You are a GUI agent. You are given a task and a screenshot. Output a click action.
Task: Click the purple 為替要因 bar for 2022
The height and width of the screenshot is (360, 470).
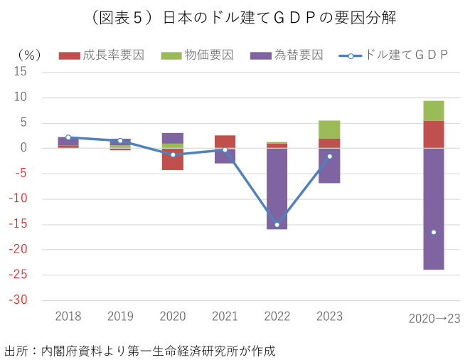point(277,189)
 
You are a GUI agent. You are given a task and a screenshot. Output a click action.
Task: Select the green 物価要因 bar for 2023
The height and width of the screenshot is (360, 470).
point(329,129)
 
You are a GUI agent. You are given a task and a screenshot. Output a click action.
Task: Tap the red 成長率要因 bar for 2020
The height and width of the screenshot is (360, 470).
point(173,159)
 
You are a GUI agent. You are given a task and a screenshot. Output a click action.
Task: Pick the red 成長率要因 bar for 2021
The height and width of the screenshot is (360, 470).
point(225,142)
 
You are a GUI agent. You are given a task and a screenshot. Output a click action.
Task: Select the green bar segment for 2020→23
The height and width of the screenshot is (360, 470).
point(434,110)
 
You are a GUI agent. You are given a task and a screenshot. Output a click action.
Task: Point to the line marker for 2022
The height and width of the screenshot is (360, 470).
point(277,224)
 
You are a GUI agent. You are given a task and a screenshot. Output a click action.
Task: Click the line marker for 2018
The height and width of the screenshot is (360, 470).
point(68,137)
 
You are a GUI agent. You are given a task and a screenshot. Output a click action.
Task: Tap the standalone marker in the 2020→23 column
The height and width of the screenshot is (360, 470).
point(434,232)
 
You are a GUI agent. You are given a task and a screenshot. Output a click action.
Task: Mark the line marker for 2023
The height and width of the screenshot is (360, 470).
point(329,157)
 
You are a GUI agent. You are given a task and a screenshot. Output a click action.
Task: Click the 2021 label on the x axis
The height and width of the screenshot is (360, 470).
point(225,316)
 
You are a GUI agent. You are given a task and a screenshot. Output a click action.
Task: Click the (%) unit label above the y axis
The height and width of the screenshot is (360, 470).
point(28,55)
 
